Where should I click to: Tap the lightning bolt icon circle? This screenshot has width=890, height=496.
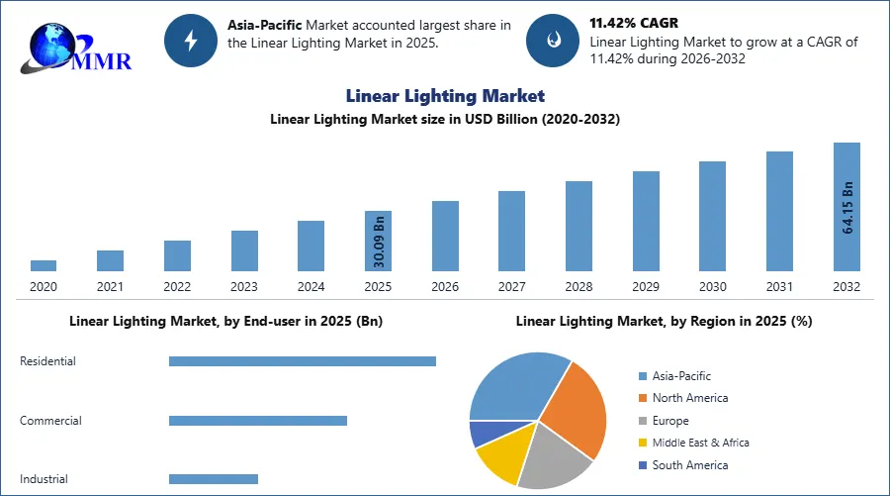192,40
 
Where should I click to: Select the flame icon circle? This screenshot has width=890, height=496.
554,40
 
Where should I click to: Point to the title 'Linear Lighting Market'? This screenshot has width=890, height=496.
445,96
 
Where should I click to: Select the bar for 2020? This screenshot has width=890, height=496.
44,265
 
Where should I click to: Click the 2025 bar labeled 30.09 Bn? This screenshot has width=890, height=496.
378,241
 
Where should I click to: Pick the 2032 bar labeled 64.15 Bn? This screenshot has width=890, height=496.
846,206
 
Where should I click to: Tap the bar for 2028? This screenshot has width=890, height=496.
578,226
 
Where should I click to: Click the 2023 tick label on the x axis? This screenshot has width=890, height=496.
244,287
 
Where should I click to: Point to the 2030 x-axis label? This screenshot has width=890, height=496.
712,287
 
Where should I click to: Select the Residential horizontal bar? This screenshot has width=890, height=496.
302,361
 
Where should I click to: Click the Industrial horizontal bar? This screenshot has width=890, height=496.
213,479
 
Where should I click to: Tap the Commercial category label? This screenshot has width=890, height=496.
50,421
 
